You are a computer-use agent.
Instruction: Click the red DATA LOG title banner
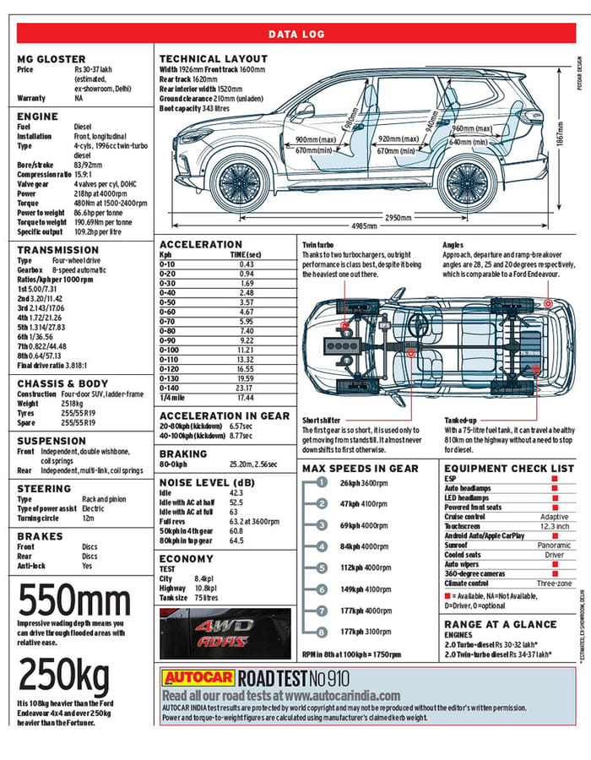tap(295, 34)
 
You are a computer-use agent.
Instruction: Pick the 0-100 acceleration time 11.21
tap(245, 349)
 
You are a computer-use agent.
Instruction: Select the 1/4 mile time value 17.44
tap(246, 397)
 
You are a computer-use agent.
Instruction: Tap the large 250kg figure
tap(64, 675)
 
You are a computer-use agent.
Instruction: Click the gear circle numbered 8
tap(322, 632)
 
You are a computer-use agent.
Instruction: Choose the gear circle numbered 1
tap(322, 483)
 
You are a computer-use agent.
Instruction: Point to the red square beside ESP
tap(555, 479)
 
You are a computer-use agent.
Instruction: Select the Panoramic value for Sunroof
tap(554, 546)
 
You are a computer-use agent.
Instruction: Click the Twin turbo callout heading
tap(317, 245)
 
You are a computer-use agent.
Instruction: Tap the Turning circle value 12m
tap(88, 518)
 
